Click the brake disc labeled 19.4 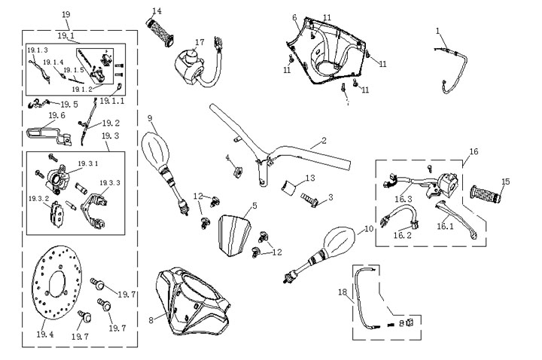tap(56, 289)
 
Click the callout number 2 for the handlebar tap(324, 140)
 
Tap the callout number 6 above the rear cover tap(294, 17)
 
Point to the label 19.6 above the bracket tap(57, 116)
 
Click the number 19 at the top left tap(66, 14)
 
